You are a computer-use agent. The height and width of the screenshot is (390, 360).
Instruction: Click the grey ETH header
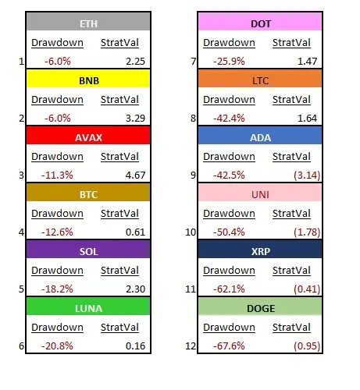[88, 21]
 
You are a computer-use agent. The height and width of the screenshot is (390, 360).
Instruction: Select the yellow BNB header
[88, 79]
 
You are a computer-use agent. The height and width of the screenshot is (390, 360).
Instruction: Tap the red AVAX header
[88, 136]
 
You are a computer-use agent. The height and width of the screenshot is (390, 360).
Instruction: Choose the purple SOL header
[88, 250]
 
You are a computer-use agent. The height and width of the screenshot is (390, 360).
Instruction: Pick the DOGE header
[260, 307]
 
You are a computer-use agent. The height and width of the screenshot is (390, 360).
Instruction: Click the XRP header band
[260, 250]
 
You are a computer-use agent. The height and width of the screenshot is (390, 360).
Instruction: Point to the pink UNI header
[260, 193]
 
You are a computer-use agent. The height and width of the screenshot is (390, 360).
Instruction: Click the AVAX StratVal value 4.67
[135, 175]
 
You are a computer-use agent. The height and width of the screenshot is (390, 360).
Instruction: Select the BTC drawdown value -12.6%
[57, 232]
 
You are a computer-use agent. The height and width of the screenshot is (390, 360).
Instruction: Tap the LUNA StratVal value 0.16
[135, 346]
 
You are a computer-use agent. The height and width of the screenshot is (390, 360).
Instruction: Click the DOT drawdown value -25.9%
[229, 62]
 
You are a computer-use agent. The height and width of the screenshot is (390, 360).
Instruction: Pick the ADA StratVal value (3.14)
[307, 175]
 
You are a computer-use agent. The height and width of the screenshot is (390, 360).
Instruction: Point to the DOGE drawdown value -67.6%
[229, 346]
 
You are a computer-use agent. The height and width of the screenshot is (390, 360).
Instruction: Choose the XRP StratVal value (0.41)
[307, 289]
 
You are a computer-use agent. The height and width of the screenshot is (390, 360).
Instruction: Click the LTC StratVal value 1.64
[307, 119]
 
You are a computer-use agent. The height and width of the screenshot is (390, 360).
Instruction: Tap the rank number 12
[191, 346]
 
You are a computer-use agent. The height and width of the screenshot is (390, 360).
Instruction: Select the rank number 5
[21, 289]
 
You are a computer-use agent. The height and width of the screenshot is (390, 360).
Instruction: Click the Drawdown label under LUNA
[57, 328]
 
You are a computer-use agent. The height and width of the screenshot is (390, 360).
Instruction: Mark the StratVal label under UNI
[291, 214]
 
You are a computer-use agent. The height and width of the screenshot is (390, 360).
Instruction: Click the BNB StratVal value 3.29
[135, 119]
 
